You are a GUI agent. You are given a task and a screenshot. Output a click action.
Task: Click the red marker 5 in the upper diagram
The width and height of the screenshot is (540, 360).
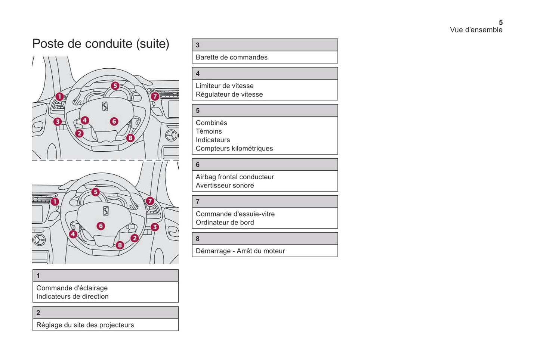click(115, 86)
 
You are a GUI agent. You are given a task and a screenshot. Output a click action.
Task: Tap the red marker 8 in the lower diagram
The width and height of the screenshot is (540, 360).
click(120, 245)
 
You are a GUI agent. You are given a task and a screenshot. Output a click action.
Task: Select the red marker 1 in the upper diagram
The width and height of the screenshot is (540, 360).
click(59, 97)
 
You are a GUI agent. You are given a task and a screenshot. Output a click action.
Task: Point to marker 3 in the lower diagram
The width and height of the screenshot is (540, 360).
click(154, 227)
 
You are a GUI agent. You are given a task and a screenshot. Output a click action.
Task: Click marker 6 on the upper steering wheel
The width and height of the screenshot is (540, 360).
click(114, 121)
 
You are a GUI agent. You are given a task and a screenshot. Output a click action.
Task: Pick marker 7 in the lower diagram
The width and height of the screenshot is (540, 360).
click(150, 201)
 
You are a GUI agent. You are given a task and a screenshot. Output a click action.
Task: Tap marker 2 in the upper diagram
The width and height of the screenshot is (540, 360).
click(79, 133)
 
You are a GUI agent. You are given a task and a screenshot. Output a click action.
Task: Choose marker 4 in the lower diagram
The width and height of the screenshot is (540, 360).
click(73, 234)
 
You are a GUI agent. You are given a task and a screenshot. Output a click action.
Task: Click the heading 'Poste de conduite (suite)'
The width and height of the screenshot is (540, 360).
click(101, 44)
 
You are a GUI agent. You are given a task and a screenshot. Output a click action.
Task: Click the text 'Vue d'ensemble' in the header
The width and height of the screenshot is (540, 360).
click(476, 30)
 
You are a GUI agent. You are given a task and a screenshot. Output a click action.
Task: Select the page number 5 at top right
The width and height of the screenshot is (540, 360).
click(500, 22)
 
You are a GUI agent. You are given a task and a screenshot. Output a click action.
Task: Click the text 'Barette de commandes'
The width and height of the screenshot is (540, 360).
click(231, 57)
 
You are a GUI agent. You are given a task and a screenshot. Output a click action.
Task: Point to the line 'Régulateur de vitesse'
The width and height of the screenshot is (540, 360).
click(229, 94)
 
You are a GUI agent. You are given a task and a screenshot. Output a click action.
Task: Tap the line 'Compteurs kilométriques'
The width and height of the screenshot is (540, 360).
click(234, 148)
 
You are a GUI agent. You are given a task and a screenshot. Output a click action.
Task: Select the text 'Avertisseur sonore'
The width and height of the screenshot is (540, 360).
click(225, 185)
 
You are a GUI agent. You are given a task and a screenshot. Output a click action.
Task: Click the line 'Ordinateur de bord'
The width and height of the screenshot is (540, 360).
click(225, 222)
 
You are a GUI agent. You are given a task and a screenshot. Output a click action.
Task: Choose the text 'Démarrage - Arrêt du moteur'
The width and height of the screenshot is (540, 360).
click(240, 251)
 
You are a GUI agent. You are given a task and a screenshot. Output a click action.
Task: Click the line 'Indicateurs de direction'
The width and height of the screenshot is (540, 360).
click(72, 297)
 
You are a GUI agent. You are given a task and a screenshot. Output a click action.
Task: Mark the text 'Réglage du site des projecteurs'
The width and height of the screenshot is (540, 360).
click(85, 325)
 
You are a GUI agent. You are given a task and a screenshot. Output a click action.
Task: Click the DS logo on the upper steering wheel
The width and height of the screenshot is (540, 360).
click(105, 106)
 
